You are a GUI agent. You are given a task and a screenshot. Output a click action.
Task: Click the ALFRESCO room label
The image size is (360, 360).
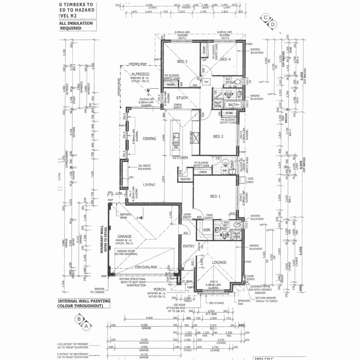pos(140,74)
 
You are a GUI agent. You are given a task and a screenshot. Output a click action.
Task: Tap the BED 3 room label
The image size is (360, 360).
pos(182,61)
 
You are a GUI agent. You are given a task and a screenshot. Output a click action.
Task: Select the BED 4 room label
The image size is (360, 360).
pos(225,59)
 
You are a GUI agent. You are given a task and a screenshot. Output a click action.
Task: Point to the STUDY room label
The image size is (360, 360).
pos(182,98)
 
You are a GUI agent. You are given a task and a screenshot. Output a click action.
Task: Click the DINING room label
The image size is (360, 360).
pos(149,139)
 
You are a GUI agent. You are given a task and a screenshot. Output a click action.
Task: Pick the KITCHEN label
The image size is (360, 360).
pos(180,157)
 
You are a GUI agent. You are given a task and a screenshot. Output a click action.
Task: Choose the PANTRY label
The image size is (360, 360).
pos(185,179)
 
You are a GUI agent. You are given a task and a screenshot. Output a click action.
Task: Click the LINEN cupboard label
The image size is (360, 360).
pos(202,172)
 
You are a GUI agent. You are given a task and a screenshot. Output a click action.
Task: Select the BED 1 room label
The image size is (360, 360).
pos(215,196)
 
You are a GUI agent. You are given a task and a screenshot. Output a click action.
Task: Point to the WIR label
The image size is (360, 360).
pos(206,230)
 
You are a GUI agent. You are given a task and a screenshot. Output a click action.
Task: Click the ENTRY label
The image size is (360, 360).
pos(188,246)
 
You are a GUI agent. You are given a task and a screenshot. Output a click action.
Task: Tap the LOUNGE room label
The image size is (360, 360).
pos(219,262)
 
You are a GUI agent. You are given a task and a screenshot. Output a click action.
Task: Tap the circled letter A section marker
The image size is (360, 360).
pos(87,327)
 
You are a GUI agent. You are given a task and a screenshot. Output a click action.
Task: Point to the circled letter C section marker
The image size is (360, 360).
pos(266,17)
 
